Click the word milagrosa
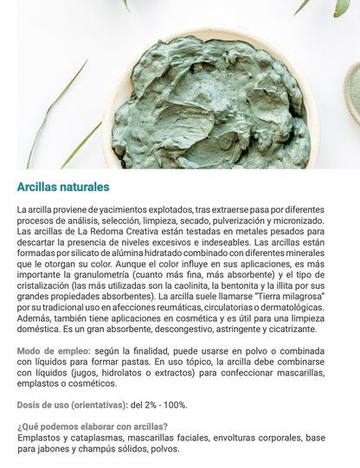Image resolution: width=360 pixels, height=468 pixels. tap(297, 296)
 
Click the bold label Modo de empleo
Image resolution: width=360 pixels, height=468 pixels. tap(52, 350)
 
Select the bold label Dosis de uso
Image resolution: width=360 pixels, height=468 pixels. tap(51, 405)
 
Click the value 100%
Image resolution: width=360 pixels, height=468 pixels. tap(174, 405)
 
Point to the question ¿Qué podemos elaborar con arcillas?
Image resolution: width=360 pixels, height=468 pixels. tap(93, 426)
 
